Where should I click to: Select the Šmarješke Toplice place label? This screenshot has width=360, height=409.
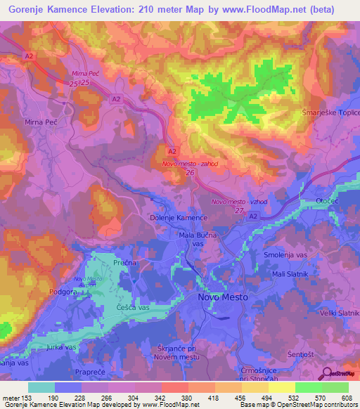pos(330,113)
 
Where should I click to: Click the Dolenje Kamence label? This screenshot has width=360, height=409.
pos(179,218)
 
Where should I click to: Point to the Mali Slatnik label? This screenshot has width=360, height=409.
pos(288,273)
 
